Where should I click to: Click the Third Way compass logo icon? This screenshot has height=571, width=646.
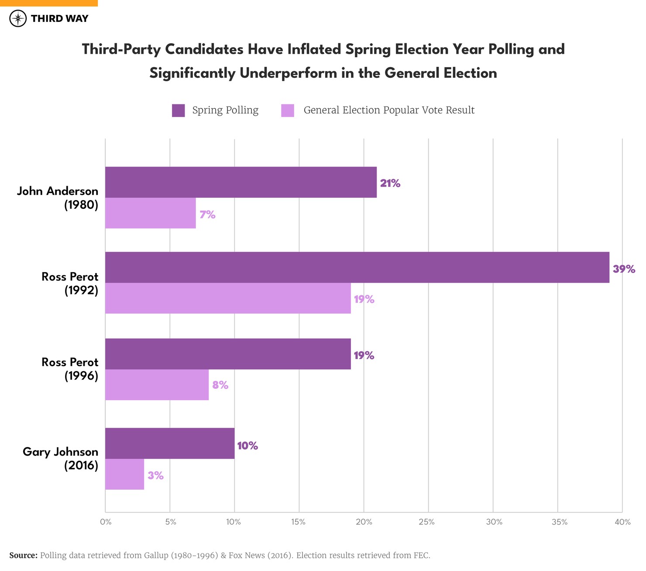(18, 19)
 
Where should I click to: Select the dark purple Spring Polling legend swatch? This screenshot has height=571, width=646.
(178, 111)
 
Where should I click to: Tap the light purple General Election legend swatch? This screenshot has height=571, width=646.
(287, 111)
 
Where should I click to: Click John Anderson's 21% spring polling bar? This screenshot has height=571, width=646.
(241, 182)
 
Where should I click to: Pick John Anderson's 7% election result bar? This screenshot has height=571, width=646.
(150, 213)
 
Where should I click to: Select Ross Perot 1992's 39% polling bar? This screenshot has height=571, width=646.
(357, 267)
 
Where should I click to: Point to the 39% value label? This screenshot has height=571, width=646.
(624, 269)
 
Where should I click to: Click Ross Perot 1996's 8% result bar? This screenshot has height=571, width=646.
(157, 385)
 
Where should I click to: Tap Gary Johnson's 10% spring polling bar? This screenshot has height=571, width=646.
(170, 443)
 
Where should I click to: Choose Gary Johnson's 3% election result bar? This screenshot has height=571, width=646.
(124, 474)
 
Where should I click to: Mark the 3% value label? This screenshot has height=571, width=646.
(155, 476)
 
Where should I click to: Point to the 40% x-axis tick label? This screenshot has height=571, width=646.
(622, 522)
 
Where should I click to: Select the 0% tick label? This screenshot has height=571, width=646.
(106, 522)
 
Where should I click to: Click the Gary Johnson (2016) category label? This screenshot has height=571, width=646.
(60, 459)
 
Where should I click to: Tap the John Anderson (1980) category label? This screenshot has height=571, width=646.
(58, 198)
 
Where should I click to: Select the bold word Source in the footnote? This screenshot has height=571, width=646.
(23, 556)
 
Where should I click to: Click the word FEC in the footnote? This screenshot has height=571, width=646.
(421, 556)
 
